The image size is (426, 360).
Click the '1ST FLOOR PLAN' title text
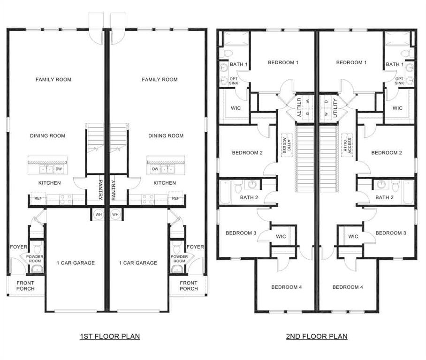coord(109,336)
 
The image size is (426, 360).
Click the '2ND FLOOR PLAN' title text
coord(317,336)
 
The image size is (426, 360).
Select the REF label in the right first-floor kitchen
coord(175,198)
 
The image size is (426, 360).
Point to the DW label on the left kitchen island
coord(59,169)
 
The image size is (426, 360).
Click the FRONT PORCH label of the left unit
coord(25,285)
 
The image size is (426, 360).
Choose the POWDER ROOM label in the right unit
coord(179,259)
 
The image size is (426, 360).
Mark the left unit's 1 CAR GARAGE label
coord(75,263)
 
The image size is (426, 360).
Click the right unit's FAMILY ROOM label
coord(160,80)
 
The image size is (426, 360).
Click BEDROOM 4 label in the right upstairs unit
coord(348,287)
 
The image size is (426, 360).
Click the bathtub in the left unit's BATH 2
coord(226,192)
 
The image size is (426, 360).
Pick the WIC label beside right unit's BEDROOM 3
coord(353,237)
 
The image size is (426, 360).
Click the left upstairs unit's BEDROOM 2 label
coord(247,153)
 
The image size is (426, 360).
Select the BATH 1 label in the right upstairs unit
coord(395,65)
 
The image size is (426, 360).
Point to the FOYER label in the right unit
coord(195,247)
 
